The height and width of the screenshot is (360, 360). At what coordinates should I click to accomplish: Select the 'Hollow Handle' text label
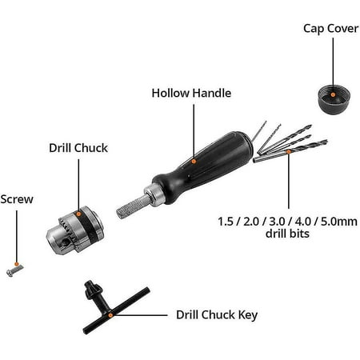point(191,93)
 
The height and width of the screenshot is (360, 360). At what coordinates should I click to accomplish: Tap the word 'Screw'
point(16,199)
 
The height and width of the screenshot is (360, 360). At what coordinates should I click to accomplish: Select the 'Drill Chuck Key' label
point(216,314)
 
